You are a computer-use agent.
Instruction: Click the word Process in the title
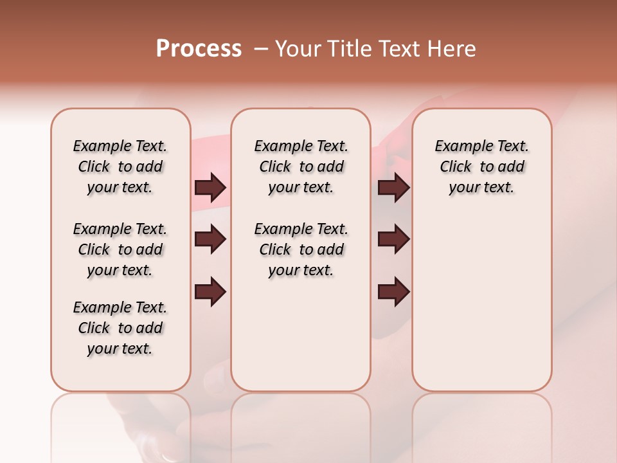pos(199,49)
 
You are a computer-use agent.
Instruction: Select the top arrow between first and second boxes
pos(210,187)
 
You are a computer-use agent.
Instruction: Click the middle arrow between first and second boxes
pos(210,240)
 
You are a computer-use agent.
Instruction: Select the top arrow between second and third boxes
pos(393,187)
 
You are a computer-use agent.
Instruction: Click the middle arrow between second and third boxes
pos(393,240)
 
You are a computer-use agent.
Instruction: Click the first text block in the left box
pos(120,167)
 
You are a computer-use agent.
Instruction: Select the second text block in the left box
pos(120,250)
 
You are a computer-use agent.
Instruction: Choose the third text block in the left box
pos(120,328)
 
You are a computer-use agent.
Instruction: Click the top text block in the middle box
pos(301,167)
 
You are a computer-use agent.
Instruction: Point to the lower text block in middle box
pos(301,250)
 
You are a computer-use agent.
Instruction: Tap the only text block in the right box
pos(481,167)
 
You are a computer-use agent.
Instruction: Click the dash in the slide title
pos(261,49)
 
